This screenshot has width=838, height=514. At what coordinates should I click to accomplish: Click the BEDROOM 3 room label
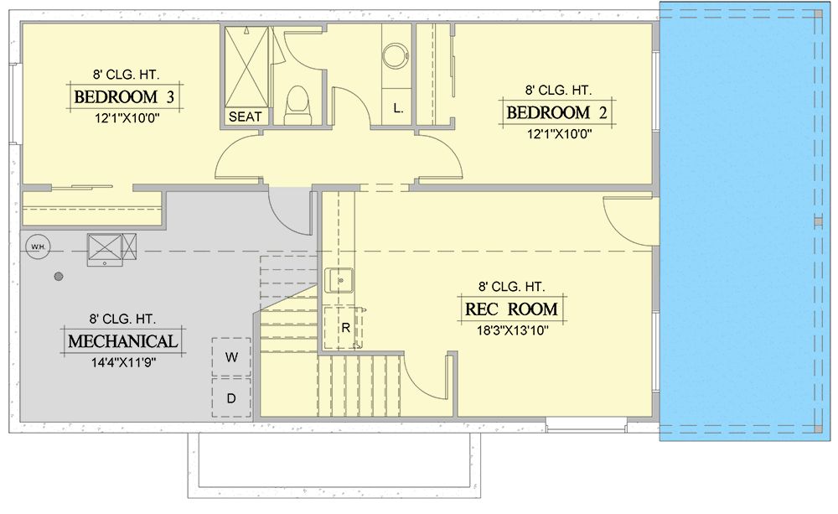coord(125,97)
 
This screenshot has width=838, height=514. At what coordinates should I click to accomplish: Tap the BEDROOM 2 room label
coord(557,113)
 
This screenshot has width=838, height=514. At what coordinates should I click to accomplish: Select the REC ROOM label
coord(511,309)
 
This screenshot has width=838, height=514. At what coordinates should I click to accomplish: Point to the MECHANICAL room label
coord(123,341)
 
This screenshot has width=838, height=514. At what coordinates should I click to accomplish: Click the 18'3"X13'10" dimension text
coord(513,330)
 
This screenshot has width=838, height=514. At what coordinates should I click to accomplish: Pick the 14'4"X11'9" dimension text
coord(123,362)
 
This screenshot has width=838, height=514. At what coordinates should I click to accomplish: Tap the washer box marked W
coord(231,356)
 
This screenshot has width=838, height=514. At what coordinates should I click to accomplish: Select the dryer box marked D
coord(231,398)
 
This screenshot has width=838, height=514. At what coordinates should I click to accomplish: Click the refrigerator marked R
coord(344,328)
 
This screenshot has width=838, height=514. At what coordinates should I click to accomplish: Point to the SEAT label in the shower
coord(246,117)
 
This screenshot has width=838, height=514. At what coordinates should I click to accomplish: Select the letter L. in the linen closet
coord(398,108)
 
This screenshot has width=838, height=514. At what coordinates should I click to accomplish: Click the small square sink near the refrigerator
coord(339,280)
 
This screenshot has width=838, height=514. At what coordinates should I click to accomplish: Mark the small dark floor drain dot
coord(59,277)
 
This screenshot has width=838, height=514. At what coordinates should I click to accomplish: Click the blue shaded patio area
coord(744,221)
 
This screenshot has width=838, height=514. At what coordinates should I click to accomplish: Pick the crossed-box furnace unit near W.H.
coord(106,249)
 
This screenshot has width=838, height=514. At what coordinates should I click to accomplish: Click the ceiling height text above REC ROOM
coord(511,288)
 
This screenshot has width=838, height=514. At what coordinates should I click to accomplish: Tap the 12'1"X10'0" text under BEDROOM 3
coord(127,118)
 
